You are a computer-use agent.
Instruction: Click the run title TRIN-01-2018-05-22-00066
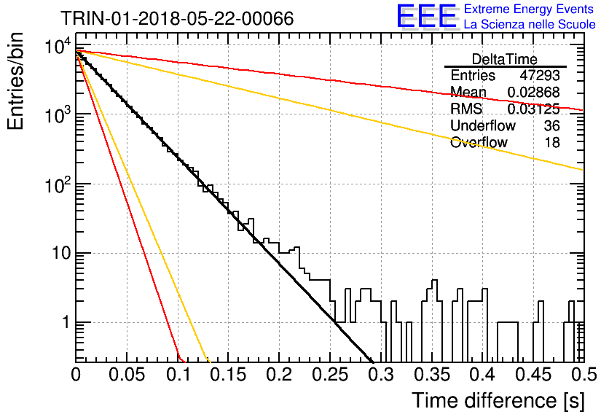[177, 18]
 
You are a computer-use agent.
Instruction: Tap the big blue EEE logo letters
[427, 16]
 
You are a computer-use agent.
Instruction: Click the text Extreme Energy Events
[529, 9]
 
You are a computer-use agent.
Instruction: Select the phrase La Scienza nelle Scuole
[530, 25]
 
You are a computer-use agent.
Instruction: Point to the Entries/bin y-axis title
[15, 82]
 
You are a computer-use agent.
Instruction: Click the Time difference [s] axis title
[498, 401]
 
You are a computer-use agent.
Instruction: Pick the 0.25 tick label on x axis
[330, 375]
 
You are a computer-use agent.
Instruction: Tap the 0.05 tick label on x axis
[127, 375]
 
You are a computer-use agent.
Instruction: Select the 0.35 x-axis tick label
[432, 375]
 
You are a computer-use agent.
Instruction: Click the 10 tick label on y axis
[62, 254]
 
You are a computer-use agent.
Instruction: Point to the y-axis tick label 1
[66, 322]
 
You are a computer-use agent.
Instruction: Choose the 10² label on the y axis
[58, 184]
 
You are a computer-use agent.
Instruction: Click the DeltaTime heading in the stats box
[505, 59]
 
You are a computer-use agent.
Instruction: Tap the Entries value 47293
[540, 75]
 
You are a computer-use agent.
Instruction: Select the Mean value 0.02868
[534, 92]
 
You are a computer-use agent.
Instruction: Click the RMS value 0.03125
[534, 109]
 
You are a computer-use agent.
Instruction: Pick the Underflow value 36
[552, 125]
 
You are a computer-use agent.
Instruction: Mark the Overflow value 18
[552, 142]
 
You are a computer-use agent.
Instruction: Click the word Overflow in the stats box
[479, 142]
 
